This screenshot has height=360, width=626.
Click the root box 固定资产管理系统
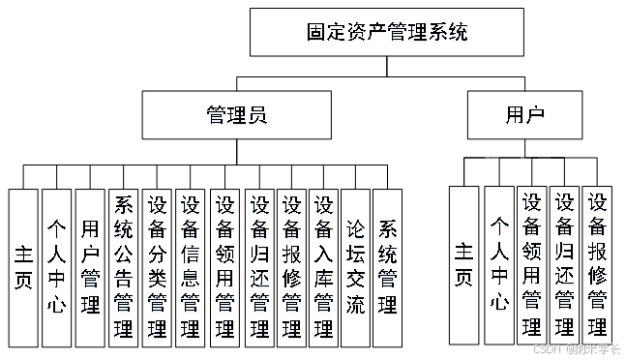(386, 33)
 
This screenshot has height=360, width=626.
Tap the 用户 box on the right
(524, 115)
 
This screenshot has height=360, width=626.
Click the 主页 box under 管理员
(23, 267)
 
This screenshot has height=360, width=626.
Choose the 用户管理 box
(90, 267)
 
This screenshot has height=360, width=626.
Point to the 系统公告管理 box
(123, 267)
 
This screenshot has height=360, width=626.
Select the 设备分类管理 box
(157, 267)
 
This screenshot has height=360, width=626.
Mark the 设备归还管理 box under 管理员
(258, 267)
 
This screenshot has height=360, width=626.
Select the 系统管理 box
(388, 267)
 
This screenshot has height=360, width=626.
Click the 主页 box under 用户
(465, 265)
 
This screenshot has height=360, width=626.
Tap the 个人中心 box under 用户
(499, 265)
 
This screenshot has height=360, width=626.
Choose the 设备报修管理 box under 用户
(598, 265)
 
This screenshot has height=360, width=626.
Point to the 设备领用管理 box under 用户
(532, 265)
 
